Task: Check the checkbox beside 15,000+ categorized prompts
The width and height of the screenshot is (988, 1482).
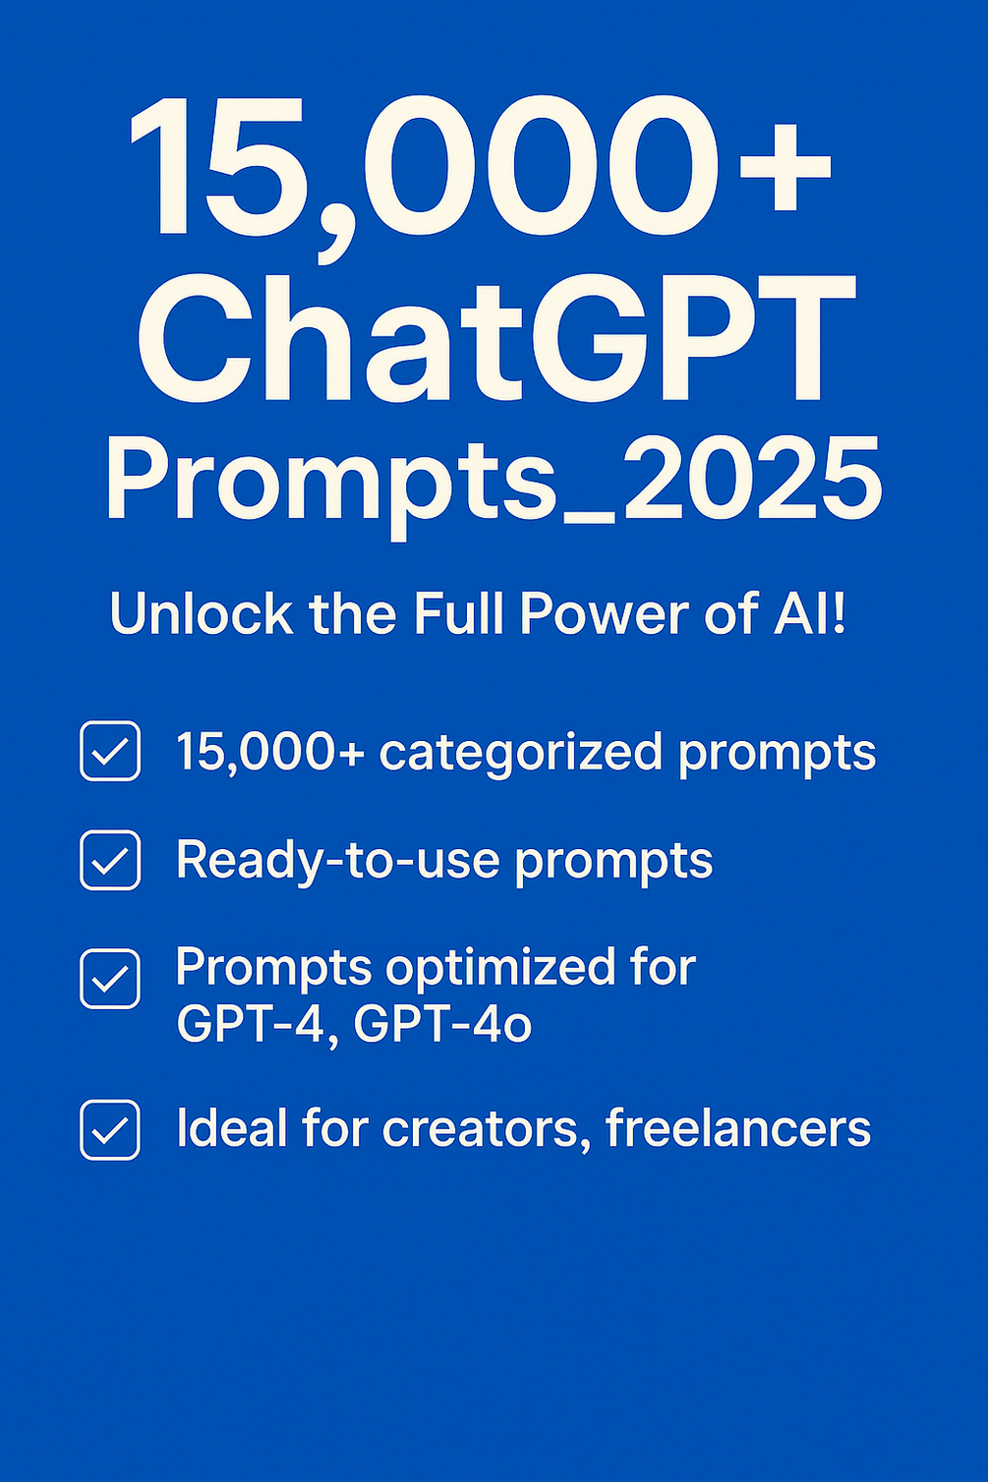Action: click(110, 751)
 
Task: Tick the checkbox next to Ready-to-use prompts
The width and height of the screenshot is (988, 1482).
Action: click(110, 860)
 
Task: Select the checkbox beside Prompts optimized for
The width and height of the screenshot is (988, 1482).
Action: click(110, 979)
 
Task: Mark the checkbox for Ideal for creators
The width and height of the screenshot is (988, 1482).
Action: click(110, 1130)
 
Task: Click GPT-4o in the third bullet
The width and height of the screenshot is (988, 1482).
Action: click(442, 1024)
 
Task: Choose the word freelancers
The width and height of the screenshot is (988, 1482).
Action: click(738, 1128)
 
